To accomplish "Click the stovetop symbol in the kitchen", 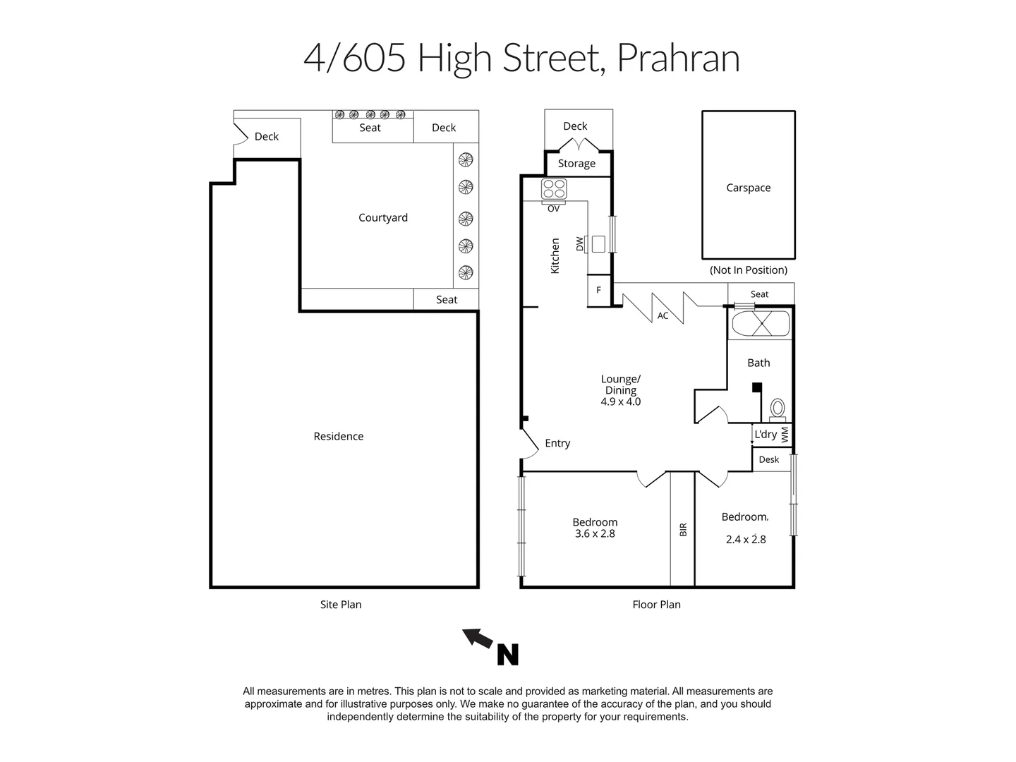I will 554,189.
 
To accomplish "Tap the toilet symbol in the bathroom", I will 777,409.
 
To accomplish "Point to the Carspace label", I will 748,188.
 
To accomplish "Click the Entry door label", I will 557,443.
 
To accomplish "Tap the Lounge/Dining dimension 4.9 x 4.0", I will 620,402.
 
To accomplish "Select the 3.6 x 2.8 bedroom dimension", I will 595,534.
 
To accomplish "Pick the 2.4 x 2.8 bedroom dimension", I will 746,540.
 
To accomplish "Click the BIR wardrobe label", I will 683,529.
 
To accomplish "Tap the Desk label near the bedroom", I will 768,459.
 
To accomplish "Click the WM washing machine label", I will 785,434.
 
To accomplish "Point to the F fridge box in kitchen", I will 599,290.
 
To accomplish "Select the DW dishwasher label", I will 580,244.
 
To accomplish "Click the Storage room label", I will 576,164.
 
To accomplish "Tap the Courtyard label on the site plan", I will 382,217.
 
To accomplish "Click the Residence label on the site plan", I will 339,436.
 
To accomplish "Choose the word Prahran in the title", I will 678,58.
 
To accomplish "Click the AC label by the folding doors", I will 663,316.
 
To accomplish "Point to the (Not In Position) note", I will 748,270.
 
